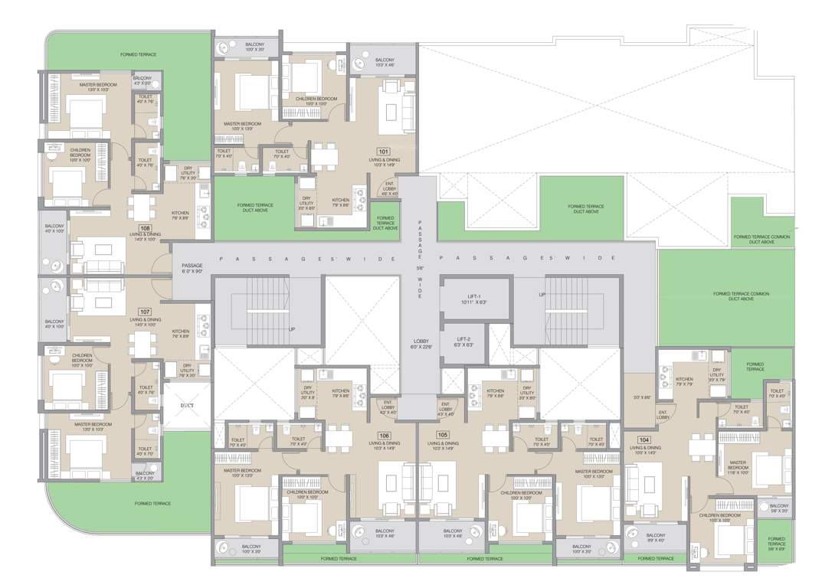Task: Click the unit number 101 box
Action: (383, 152)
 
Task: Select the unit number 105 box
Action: (443, 435)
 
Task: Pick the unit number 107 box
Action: (143, 312)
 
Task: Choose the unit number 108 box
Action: (143, 227)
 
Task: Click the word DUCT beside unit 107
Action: (186, 406)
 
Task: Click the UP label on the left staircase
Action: (291, 328)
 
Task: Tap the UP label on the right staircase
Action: (542, 294)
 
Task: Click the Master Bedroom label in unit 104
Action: (738, 465)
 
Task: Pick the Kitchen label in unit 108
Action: (180, 216)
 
